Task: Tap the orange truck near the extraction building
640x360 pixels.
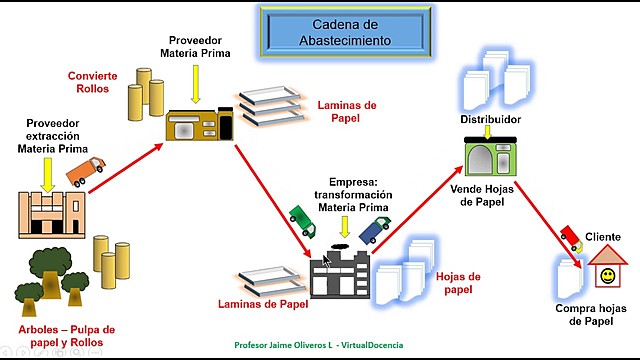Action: pyautogui.click(x=85, y=171)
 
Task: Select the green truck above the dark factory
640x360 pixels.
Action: pyautogui.click(x=301, y=217)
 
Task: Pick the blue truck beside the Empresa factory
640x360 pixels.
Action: pyautogui.click(x=374, y=229)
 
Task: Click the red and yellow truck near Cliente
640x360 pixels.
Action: pyautogui.click(x=570, y=236)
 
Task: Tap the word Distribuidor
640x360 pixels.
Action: pyautogui.click(x=490, y=120)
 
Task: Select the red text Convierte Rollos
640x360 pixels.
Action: pyautogui.click(x=92, y=83)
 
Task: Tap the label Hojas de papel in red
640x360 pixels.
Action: pyautogui.click(x=459, y=283)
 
